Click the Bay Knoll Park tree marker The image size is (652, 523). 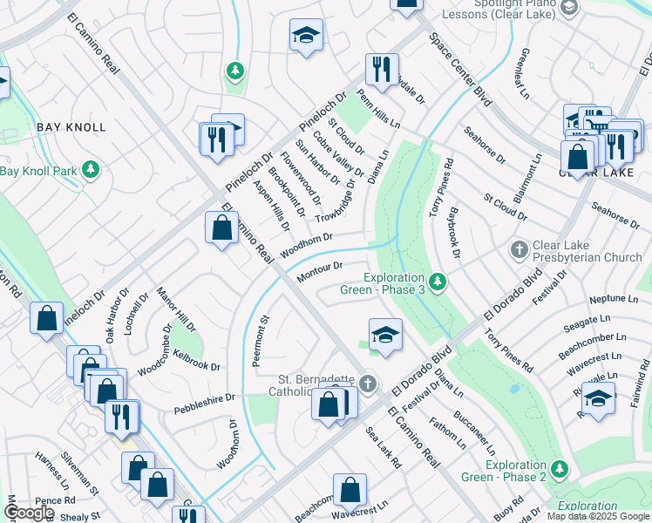[x=90, y=169]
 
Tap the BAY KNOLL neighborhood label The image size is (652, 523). [x=71, y=127]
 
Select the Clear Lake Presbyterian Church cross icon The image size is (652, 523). [x=520, y=250]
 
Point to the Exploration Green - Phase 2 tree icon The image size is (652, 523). [x=559, y=469]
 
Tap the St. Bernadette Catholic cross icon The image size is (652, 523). [x=368, y=383]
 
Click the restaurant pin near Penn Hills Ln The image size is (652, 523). [x=382, y=71]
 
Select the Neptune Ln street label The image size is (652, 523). [x=589, y=298]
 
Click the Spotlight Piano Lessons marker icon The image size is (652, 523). [x=569, y=8]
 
